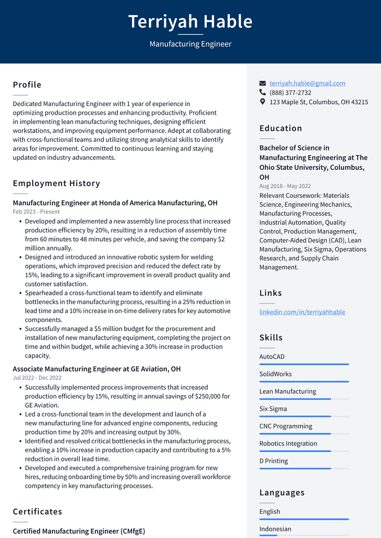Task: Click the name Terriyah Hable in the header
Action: (x=190, y=22)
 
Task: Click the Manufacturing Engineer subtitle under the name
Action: (x=190, y=44)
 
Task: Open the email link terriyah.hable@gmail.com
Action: (x=307, y=83)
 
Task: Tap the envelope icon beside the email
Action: (x=263, y=83)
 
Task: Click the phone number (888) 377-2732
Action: (x=290, y=93)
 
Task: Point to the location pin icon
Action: (x=263, y=102)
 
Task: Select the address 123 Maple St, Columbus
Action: (x=318, y=102)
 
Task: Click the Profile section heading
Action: (x=27, y=85)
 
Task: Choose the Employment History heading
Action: (x=56, y=183)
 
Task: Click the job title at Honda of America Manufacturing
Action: (x=115, y=203)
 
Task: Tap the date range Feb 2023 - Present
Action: (x=36, y=212)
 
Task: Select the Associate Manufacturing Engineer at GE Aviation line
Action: (x=96, y=369)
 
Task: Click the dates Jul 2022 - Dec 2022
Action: (x=37, y=378)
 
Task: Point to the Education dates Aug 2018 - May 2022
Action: (x=285, y=186)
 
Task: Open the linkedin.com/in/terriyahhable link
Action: (x=302, y=312)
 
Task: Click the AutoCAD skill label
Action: (x=272, y=357)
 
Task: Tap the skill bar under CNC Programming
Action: (x=304, y=434)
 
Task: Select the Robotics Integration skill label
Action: (x=288, y=443)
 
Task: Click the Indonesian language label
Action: (x=275, y=529)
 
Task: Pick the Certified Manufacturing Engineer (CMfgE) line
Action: (x=78, y=531)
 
